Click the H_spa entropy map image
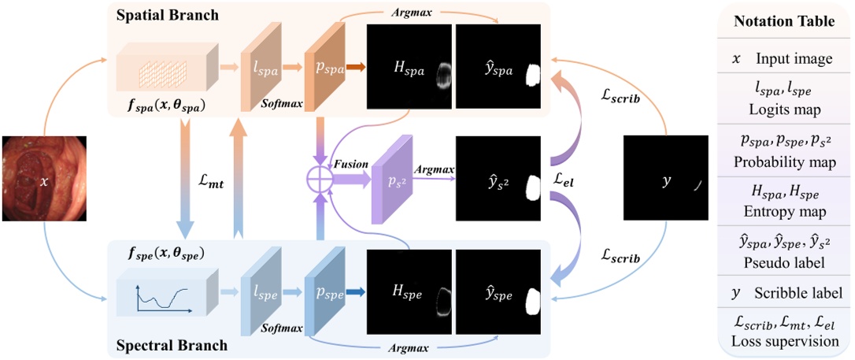click(409, 69)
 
